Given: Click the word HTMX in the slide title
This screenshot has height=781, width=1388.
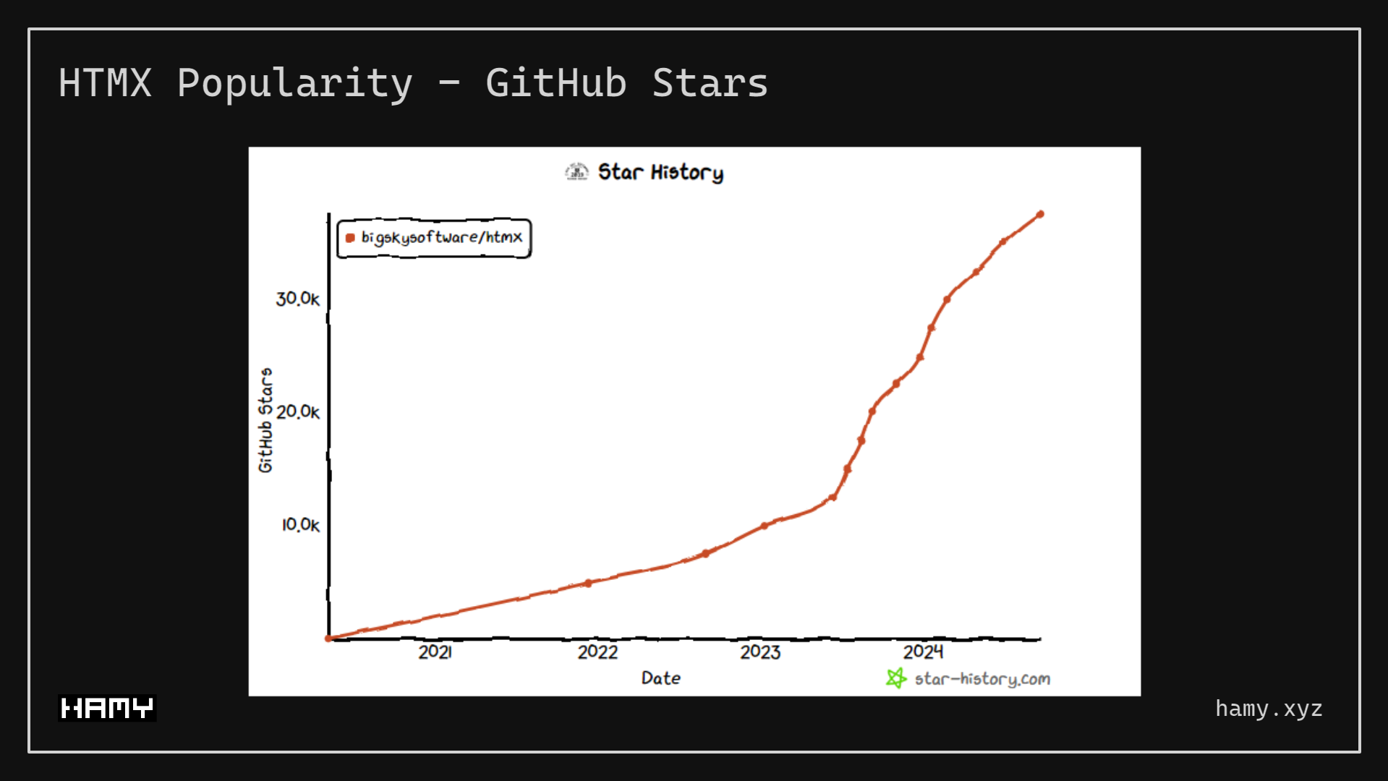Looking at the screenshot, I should click(x=105, y=82).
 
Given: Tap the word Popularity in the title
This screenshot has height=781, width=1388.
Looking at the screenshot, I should click(x=294, y=84).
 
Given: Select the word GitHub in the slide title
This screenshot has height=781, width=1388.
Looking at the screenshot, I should click(x=555, y=82).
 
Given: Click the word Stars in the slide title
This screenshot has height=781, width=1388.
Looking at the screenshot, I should click(x=710, y=82).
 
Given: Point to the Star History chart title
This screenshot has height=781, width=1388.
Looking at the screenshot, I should click(x=660, y=172).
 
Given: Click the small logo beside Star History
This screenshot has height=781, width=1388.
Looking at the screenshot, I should click(x=576, y=171).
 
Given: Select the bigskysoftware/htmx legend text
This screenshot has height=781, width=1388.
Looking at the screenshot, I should click(x=441, y=237).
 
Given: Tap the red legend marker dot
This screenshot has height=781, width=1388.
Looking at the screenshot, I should click(x=350, y=238).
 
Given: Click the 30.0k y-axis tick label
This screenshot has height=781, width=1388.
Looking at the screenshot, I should click(x=297, y=299).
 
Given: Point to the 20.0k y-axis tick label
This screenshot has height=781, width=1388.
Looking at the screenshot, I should click(x=297, y=411).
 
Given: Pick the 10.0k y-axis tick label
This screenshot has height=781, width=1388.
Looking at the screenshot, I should click(x=300, y=524).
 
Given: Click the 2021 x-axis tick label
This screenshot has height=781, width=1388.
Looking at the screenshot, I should click(x=435, y=652).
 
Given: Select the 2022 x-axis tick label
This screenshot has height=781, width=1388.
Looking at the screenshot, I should click(x=597, y=652).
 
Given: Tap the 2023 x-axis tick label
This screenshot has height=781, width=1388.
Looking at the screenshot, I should click(x=760, y=652).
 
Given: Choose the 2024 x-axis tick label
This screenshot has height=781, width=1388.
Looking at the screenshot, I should click(x=923, y=652).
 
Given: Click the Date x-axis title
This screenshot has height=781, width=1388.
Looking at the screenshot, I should click(x=660, y=678).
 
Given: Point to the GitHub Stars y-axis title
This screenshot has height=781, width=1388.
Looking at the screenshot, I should click(x=265, y=420).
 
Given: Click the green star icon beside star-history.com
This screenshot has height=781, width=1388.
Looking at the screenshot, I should click(x=896, y=678).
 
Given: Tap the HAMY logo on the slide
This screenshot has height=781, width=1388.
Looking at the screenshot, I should click(x=107, y=708).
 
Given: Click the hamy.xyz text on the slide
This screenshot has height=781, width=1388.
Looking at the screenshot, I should click(x=1269, y=709).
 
